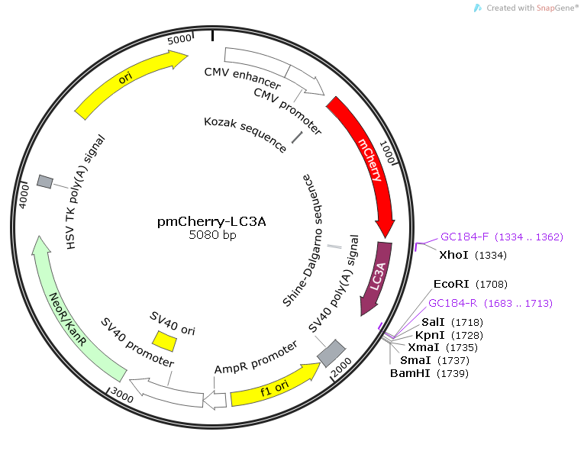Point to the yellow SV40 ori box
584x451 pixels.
tap(164, 339)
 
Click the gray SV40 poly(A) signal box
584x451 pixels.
tap(331, 352)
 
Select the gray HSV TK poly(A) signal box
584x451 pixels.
tap(45, 182)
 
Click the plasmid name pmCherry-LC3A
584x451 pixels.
tap(211, 222)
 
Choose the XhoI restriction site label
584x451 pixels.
tap(455, 254)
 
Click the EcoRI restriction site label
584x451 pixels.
tap(450, 284)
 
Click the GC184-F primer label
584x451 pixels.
tap(465, 237)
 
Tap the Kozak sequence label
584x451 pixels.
tap(245, 134)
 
